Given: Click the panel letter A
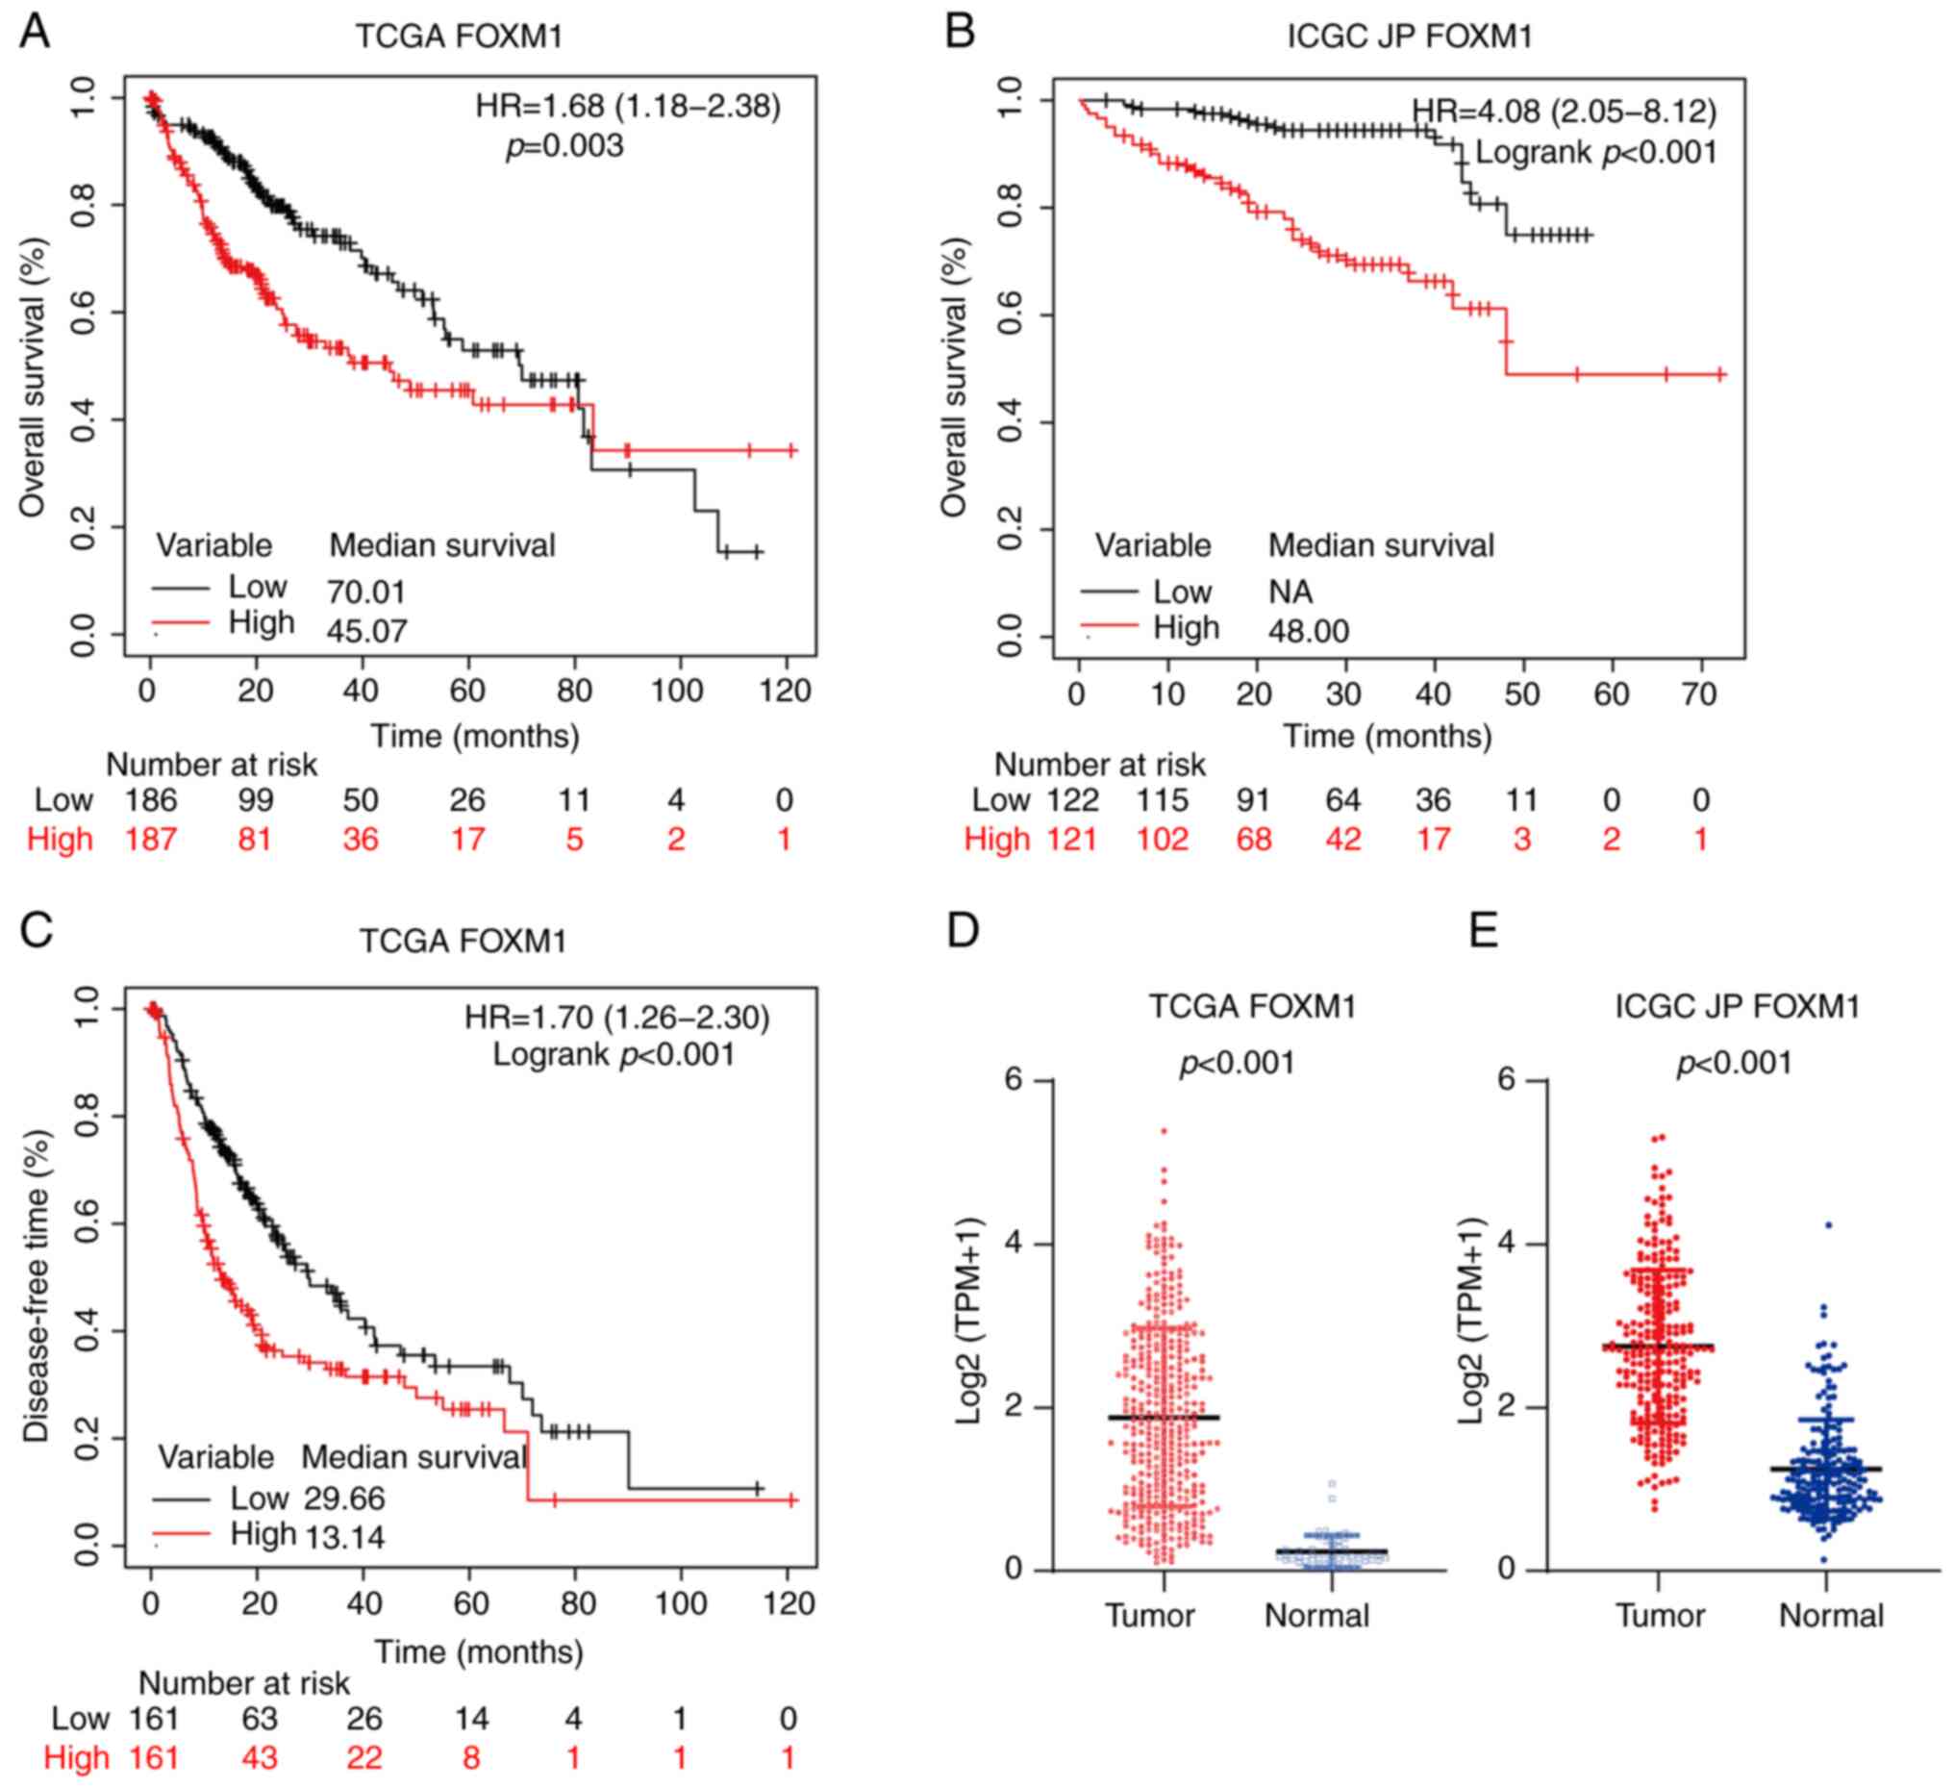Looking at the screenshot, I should click(35, 31).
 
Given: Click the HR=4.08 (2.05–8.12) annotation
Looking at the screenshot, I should click(1563, 112).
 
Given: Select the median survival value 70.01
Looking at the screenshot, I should click(365, 592).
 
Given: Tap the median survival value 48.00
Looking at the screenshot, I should click(1309, 631).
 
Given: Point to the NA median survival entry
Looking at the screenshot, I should click(1290, 592).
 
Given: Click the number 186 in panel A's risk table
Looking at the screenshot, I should click(150, 800).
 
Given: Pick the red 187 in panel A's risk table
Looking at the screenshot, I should click(150, 839).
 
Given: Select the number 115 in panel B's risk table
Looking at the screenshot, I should click(1163, 800).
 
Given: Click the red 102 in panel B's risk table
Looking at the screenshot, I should click(1163, 839).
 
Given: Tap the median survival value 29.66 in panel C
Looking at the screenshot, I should click(344, 1498).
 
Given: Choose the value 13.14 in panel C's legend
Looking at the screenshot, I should click(345, 1537).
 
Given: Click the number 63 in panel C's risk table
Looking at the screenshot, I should click(259, 1718).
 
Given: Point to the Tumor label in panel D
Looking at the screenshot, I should click(1149, 1616).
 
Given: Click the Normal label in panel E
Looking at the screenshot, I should click(1831, 1616).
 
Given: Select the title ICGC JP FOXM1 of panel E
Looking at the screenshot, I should click(1737, 1006).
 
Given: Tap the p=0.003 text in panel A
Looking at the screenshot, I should click(564, 146).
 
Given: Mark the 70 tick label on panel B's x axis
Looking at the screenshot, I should click(1699, 694).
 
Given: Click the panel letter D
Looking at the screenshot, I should click(963, 930).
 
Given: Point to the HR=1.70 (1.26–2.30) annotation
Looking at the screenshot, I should click(616, 1018).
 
